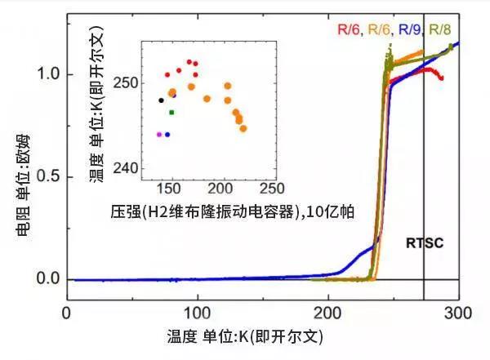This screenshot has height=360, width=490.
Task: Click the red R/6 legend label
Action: point(349,30)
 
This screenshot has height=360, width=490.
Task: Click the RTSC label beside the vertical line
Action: point(423,243)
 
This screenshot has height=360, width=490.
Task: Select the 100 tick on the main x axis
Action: point(198,313)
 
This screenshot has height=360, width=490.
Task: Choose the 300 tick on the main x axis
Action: point(459,313)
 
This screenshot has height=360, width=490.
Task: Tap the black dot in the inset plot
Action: point(161,100)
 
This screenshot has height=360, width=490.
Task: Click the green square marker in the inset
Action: point(171,112)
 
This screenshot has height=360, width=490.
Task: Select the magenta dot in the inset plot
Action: point(158,134)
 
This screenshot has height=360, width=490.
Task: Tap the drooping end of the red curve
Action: point(441,78)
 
